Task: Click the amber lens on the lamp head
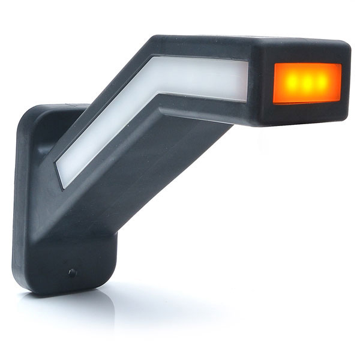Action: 307,83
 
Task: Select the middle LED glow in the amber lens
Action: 307,82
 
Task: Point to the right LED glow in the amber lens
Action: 322,81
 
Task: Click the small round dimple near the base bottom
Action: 72,273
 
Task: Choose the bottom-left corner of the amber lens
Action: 274,102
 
